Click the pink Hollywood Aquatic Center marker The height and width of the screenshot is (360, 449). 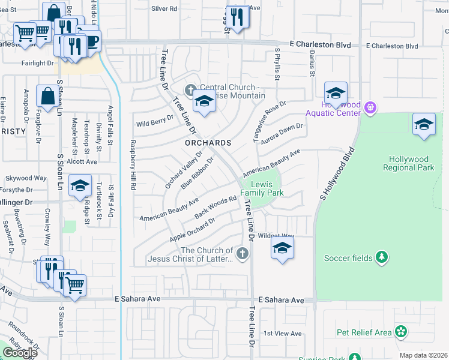click(370, 108)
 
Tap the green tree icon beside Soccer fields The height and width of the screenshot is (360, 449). click(381, 257)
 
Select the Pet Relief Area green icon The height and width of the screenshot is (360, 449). click(401, 332)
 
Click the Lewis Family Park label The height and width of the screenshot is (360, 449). click(262, 188)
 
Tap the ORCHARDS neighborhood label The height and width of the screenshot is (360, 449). click(208, 143)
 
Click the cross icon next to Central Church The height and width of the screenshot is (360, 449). click(191, 91)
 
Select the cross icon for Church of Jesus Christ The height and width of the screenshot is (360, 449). click(243, 254)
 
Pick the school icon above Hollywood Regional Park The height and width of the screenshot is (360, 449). click(424, 124)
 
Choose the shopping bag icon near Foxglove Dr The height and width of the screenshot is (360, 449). click(47, 96)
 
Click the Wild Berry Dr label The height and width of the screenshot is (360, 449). click(154, 124)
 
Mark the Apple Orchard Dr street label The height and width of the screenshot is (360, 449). click(192, 229)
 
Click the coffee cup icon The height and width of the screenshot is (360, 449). click(93, 41)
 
